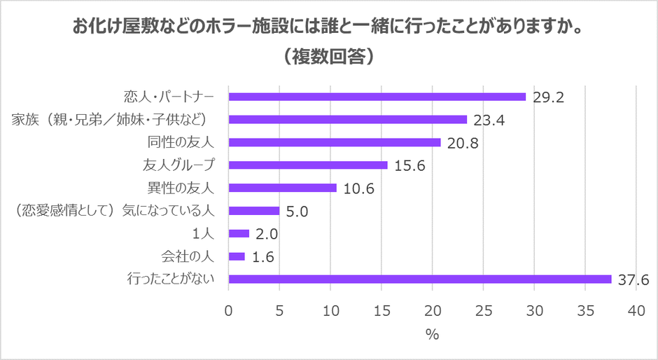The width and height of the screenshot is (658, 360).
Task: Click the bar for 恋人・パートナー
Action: coord(377,97)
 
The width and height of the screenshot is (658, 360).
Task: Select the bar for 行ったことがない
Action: coord(420,279)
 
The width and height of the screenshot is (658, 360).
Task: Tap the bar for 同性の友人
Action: coord(335,142)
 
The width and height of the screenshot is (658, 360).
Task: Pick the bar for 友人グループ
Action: coord(308,165)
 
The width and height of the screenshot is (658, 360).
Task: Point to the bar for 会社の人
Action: coord(237,256)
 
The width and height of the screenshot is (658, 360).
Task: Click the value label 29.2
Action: coord(547,97)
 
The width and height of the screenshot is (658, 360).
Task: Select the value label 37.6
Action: coord(633,279)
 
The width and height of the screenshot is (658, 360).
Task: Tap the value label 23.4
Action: coord(489,120)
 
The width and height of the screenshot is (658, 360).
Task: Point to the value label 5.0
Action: coord(297,211)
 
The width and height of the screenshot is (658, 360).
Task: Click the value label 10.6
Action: coord(358,188)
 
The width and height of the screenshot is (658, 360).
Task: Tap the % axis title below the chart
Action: coord(432,335)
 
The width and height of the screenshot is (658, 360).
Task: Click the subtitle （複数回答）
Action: coord(328,57)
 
